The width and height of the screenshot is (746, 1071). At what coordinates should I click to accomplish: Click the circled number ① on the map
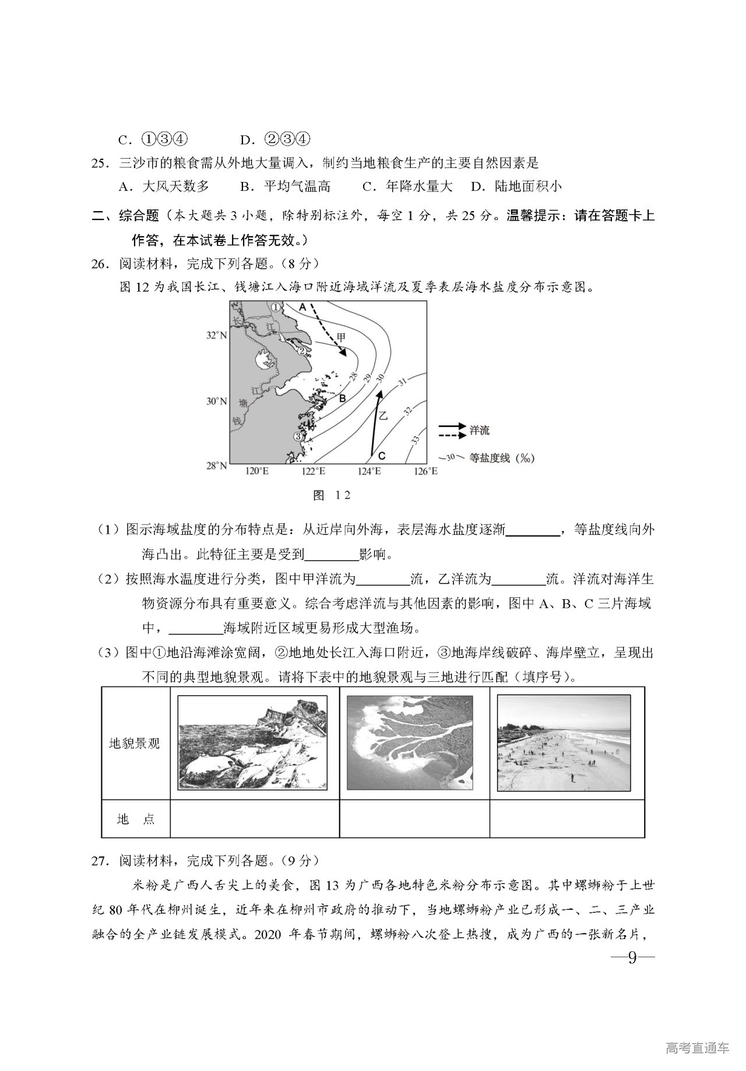coord(276,306)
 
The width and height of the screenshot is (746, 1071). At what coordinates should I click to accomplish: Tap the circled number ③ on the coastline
coord(299,435)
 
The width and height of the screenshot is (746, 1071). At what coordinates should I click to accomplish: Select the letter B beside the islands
coord(343,398)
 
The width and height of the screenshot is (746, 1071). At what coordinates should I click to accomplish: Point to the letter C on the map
coord(382,456)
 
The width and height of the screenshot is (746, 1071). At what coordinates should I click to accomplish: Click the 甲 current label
coord(341,337)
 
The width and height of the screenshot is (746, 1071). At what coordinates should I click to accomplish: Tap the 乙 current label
coord(383,415)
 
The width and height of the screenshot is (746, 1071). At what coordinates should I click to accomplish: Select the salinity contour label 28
coord(353,377)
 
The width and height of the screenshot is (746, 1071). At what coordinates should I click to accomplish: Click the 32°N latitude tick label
coord(216,335)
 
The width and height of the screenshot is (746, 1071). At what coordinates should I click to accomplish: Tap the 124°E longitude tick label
coord(369,471)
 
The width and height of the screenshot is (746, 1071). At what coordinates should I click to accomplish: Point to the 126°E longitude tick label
coord(425,471)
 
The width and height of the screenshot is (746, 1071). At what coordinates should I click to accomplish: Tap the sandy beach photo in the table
coord(564,743)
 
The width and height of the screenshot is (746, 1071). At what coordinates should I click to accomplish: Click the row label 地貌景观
coord(135,744)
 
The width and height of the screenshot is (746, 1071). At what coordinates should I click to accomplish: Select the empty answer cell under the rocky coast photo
coord(255,818)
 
